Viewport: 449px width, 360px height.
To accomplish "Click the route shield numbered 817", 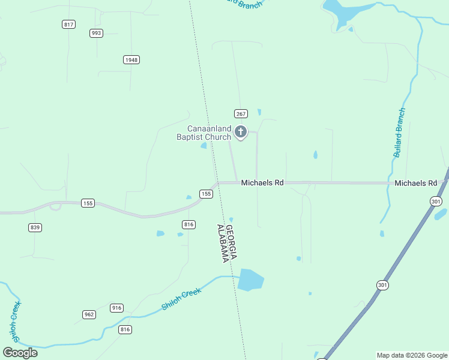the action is click(x=68, y=24).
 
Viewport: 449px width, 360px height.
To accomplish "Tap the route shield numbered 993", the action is click(x=96, y=33).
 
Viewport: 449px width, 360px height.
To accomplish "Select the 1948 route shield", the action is click(x=131, y=59).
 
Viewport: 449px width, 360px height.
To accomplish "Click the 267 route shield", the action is click(x=241, y=113).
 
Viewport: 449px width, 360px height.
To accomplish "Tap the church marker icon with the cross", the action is click(x=241, y=132).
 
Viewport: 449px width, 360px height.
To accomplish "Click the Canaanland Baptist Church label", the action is click(x=204, y=133).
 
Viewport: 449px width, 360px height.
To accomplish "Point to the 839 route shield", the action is click(x=34, y=227).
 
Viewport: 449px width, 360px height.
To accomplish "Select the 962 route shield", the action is click(x=89, y=314).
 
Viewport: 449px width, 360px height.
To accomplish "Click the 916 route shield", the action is click(x=116, y=308).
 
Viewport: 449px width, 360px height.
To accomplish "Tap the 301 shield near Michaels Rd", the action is click(x=436, y=202).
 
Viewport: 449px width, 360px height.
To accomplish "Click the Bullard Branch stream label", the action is click(x=399, y=133).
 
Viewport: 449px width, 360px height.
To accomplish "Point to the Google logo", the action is click(x=20, y=352).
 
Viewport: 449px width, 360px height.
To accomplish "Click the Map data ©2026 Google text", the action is click(x=412, y=355).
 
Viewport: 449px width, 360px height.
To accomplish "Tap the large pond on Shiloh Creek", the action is click(x=250, y=280).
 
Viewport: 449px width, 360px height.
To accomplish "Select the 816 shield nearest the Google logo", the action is click(x=125, y=329).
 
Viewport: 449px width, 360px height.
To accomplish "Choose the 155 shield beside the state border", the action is click(x=206, y=194).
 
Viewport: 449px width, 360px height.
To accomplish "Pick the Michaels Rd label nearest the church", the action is click(x=262, y=182).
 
